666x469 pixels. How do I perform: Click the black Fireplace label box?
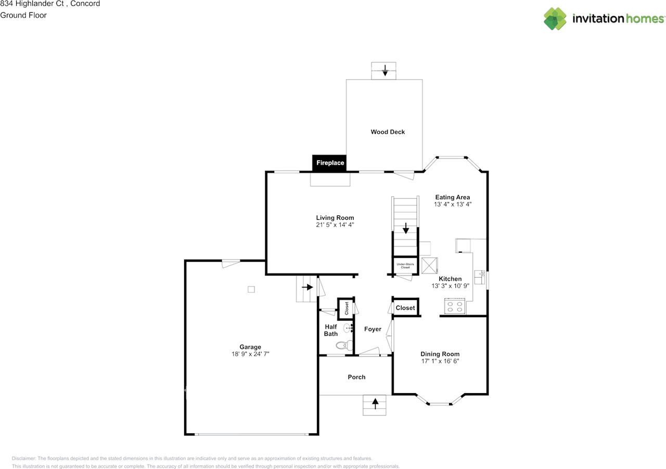329,163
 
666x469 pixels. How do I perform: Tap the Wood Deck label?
388,132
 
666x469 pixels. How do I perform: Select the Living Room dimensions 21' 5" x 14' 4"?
335,225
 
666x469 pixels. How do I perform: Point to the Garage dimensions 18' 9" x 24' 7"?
250,354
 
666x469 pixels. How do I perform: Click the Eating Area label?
453,198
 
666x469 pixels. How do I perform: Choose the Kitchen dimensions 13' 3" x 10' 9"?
450,286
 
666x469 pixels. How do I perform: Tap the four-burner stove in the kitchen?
455,306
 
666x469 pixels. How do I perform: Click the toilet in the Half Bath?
344,345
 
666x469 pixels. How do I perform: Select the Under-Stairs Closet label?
405,266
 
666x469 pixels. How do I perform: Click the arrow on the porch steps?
375,403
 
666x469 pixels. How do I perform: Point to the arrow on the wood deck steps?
385,70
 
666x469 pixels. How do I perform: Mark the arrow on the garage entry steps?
308,287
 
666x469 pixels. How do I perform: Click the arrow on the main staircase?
406,228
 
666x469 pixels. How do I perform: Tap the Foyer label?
373,329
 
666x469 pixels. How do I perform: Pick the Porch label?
356,377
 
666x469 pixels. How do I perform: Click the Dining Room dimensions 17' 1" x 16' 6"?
440,361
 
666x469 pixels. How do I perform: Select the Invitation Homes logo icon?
555,19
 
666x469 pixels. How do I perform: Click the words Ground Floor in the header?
23,15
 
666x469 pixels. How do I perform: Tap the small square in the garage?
251,289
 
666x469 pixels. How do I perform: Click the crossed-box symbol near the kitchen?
429,265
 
